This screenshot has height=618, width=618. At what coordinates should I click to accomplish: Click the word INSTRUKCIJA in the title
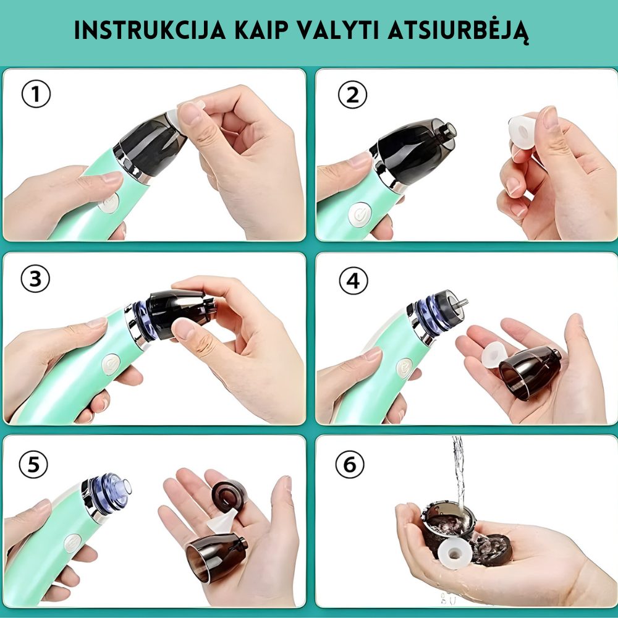coord(150,30)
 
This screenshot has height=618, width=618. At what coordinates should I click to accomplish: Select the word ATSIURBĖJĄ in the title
coord(459,32)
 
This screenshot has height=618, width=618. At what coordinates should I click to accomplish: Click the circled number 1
coord(36,94)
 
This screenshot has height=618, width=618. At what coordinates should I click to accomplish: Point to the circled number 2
coord(352,95)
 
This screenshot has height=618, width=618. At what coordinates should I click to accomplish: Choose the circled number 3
coord(35,278)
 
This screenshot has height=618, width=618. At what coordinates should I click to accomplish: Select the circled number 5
coord(33,464)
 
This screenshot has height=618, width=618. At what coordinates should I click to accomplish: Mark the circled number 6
coord(350,464)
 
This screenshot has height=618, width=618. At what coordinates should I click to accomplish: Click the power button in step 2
coord(360,215)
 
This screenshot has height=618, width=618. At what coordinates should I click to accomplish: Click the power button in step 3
coord(111,364)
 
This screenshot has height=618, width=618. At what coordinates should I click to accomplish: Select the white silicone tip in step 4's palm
coord(494,355)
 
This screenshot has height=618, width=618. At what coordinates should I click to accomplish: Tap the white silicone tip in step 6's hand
coord(454,554)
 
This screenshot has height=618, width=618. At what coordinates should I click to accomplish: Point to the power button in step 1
coord(109,203)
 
